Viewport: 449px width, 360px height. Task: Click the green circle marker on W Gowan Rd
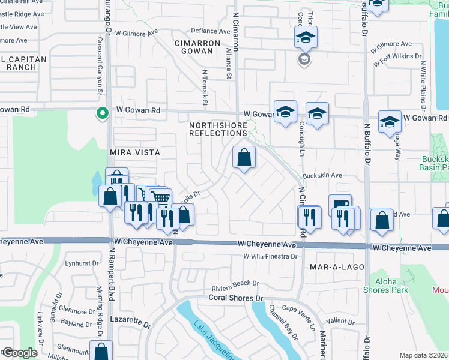point(103,112)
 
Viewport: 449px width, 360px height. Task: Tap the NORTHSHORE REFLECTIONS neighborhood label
point(218,129)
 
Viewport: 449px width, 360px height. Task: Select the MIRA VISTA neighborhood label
point(135,152)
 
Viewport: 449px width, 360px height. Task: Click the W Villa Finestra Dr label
point(270,256)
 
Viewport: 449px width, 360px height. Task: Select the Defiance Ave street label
point(210,31)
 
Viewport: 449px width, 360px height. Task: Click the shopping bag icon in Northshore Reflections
point(244,158)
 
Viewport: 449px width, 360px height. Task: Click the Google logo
point(19,353)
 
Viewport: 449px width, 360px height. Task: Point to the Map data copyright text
point(423,355)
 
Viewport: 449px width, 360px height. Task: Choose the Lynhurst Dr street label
point(82,263)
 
